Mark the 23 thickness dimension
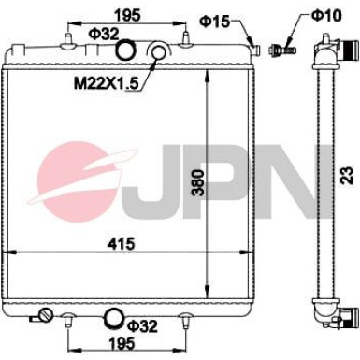tap(345, 173)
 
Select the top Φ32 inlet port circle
tap(127, 51)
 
